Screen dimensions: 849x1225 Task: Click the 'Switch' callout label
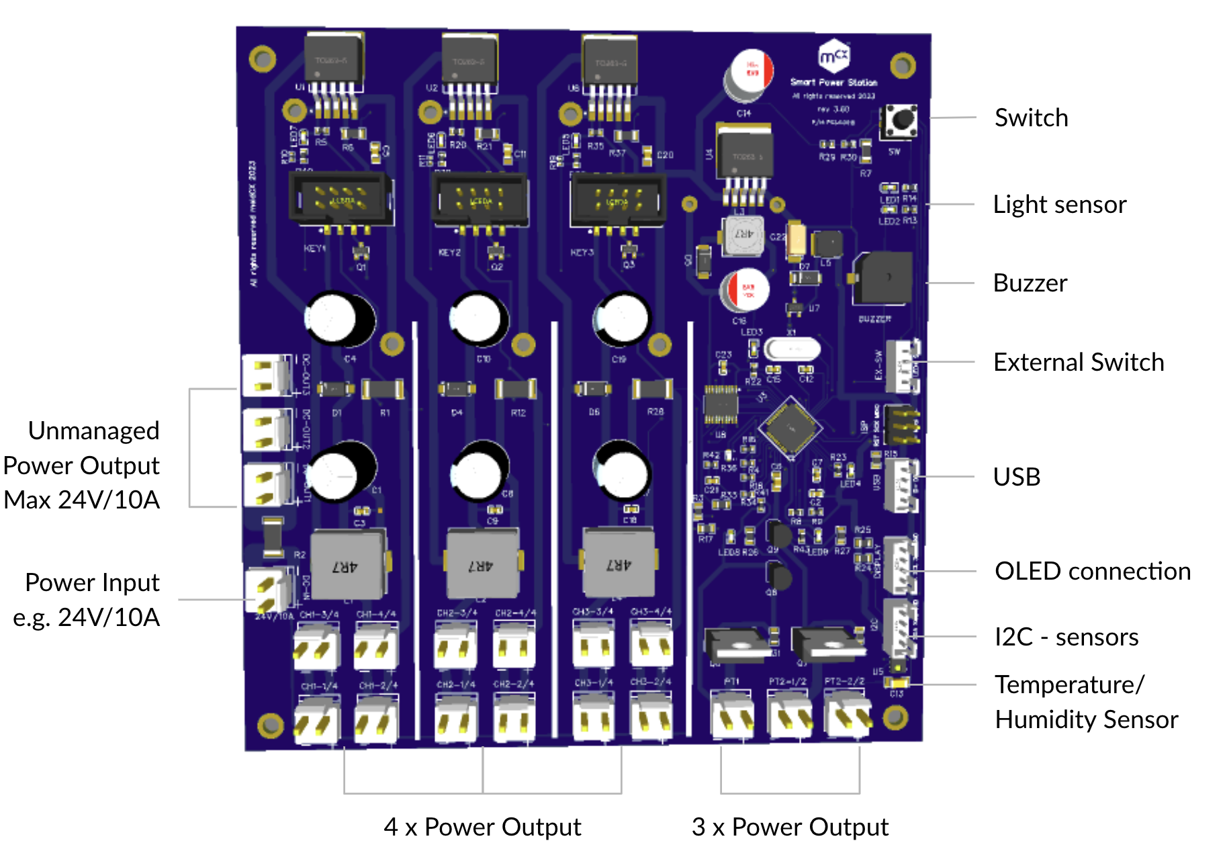click(1031, 118)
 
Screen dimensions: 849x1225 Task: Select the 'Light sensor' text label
click(1059, 204)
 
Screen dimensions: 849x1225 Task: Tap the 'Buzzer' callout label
click(1030, 283)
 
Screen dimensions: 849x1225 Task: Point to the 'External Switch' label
click(1078, 363)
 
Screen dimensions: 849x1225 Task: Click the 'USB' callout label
click(1016, 477)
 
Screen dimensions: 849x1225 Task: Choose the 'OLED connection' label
click(1092, 572)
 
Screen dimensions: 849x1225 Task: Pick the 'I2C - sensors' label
click(1066, 637)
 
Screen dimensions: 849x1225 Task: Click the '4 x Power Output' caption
click(482, 827)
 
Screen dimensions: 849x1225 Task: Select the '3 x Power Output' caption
click(790, 827)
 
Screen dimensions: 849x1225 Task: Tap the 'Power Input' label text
click(92, 582)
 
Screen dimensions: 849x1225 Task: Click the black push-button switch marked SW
click(900, 121)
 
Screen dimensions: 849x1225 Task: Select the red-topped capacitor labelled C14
click(750, 73)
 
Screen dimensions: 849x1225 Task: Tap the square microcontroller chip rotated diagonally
click(790, 427)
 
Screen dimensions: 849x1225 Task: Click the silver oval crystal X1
click(792, 349)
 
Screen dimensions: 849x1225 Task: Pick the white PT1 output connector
click(732, 717)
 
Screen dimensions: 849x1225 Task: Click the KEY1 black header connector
click(341, 197)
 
